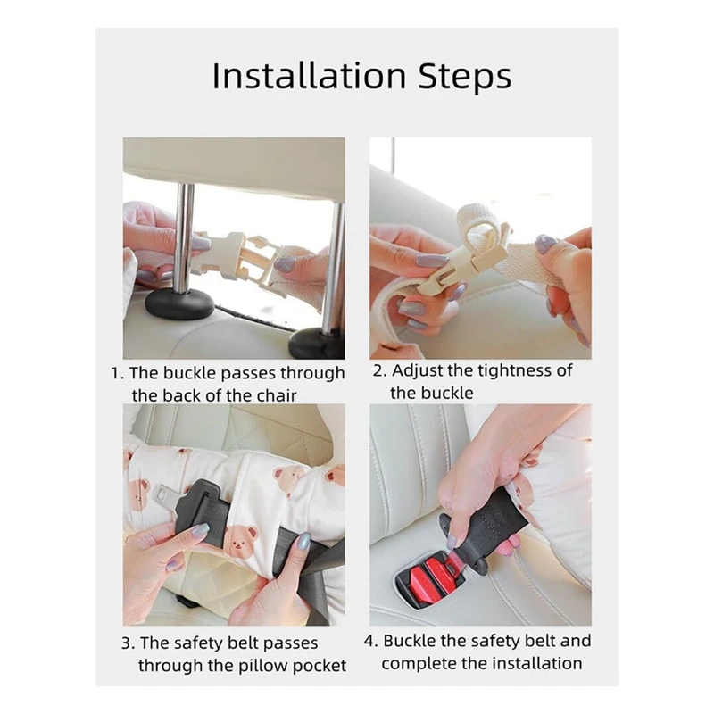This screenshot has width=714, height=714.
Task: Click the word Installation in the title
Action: click(x=309, y=76)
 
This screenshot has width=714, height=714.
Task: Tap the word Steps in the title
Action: click(x=465, y=78)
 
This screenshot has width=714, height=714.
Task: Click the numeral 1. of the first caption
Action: click(x=118, y=373)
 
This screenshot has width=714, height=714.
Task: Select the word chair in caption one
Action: click(x=277, y=395)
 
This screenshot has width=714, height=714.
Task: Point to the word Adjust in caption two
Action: click(x=418, y=371)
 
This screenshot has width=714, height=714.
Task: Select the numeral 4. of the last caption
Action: click(x=371, y=641)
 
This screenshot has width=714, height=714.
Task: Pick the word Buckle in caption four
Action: click(x=409, y=641)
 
